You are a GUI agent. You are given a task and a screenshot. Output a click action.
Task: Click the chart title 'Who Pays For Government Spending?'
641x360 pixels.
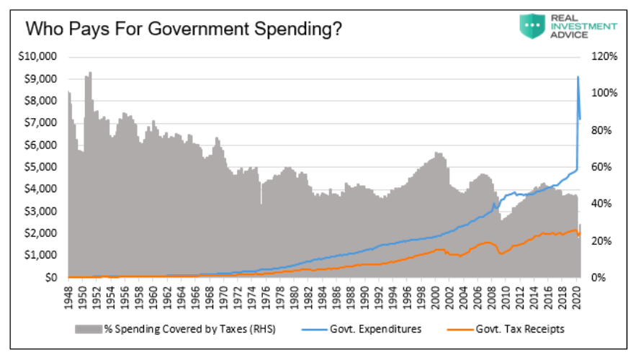(x=183, y=30)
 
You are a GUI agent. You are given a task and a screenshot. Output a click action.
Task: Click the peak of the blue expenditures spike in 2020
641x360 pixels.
(x=578, y=77)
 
